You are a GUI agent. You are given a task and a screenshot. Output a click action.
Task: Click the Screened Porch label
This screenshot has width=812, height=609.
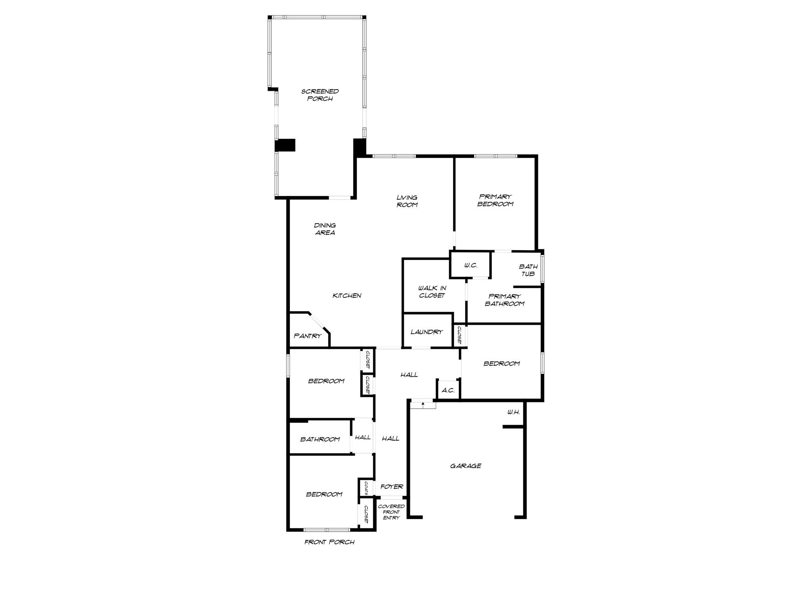pos(320,95)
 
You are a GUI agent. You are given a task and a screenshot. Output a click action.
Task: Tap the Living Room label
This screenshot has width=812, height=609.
pos(407,201)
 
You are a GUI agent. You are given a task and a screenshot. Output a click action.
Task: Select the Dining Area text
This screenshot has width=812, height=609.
pos(325,229)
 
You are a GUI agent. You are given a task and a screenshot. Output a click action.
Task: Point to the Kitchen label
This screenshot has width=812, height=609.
pos(347,296)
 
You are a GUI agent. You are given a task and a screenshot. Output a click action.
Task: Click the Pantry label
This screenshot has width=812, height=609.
pos(307,336)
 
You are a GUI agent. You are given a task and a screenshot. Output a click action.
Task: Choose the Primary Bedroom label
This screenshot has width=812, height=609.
pos(495,200)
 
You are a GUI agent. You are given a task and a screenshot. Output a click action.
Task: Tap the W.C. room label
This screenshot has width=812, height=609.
pos(470,266)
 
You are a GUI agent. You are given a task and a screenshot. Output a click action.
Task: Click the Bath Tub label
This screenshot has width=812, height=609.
pos(528,270)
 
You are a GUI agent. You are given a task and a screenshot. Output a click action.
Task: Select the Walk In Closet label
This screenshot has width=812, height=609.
pos(432,292)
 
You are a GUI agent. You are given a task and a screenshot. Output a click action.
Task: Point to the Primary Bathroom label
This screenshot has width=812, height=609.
pos(504,300)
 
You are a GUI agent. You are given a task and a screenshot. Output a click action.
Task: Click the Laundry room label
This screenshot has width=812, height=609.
pos(427,332)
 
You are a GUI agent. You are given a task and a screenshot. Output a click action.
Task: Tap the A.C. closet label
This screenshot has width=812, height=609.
pos(448,391)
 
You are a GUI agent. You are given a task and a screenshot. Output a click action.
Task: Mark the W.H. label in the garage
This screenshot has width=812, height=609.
pos(513,412)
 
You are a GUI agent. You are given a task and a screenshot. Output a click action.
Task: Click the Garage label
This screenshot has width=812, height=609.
pos(465,466)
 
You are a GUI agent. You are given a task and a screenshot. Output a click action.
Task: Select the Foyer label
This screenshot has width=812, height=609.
pos(392,487)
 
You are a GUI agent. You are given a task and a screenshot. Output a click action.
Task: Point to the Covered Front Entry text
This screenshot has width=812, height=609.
pos(391,512)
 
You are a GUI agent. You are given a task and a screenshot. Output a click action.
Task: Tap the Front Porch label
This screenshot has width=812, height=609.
pos(329,542)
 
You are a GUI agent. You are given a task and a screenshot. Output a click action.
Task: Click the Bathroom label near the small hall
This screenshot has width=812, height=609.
pos(320,439)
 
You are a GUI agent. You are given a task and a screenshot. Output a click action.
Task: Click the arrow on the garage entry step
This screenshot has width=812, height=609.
pos(423,404)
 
